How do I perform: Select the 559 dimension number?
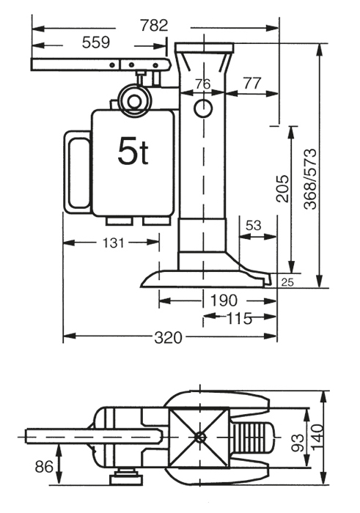coord(96,43)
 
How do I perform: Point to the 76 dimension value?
coord(202,84)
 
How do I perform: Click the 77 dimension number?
coord(251,84)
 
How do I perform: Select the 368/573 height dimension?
coord(311,180)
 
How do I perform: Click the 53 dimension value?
coord(254,226)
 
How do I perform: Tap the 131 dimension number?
coord(112,242)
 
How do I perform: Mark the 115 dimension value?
coord(239,318)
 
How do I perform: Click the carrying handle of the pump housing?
coord(76,172)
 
